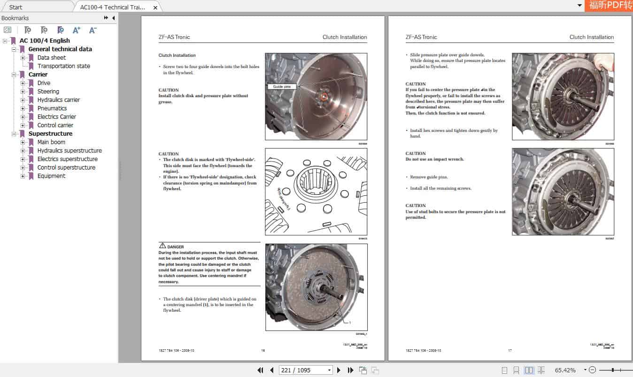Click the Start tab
tap(16, 7)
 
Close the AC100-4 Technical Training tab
tap(155, 8)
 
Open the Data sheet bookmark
tap(52, 58)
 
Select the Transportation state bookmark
tap(63, 66)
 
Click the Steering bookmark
tap(48, 92)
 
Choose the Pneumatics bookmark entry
tap(52, 108)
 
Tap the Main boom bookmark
tap(51, 142)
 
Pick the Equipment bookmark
tap(51, 176)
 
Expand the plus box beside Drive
tap(23, 83)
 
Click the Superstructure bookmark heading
tap(50, 134)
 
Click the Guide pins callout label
tap(282, 86)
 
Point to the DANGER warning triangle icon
tap(162, 246)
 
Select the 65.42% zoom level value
tap(565, 370)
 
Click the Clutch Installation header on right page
tap(591, 37)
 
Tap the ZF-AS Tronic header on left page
tap(174, 37)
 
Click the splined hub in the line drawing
tap(316, 185)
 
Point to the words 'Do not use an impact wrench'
tap(434, 159)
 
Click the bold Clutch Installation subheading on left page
tap(177, 55)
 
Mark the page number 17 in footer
tap(509, 350)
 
